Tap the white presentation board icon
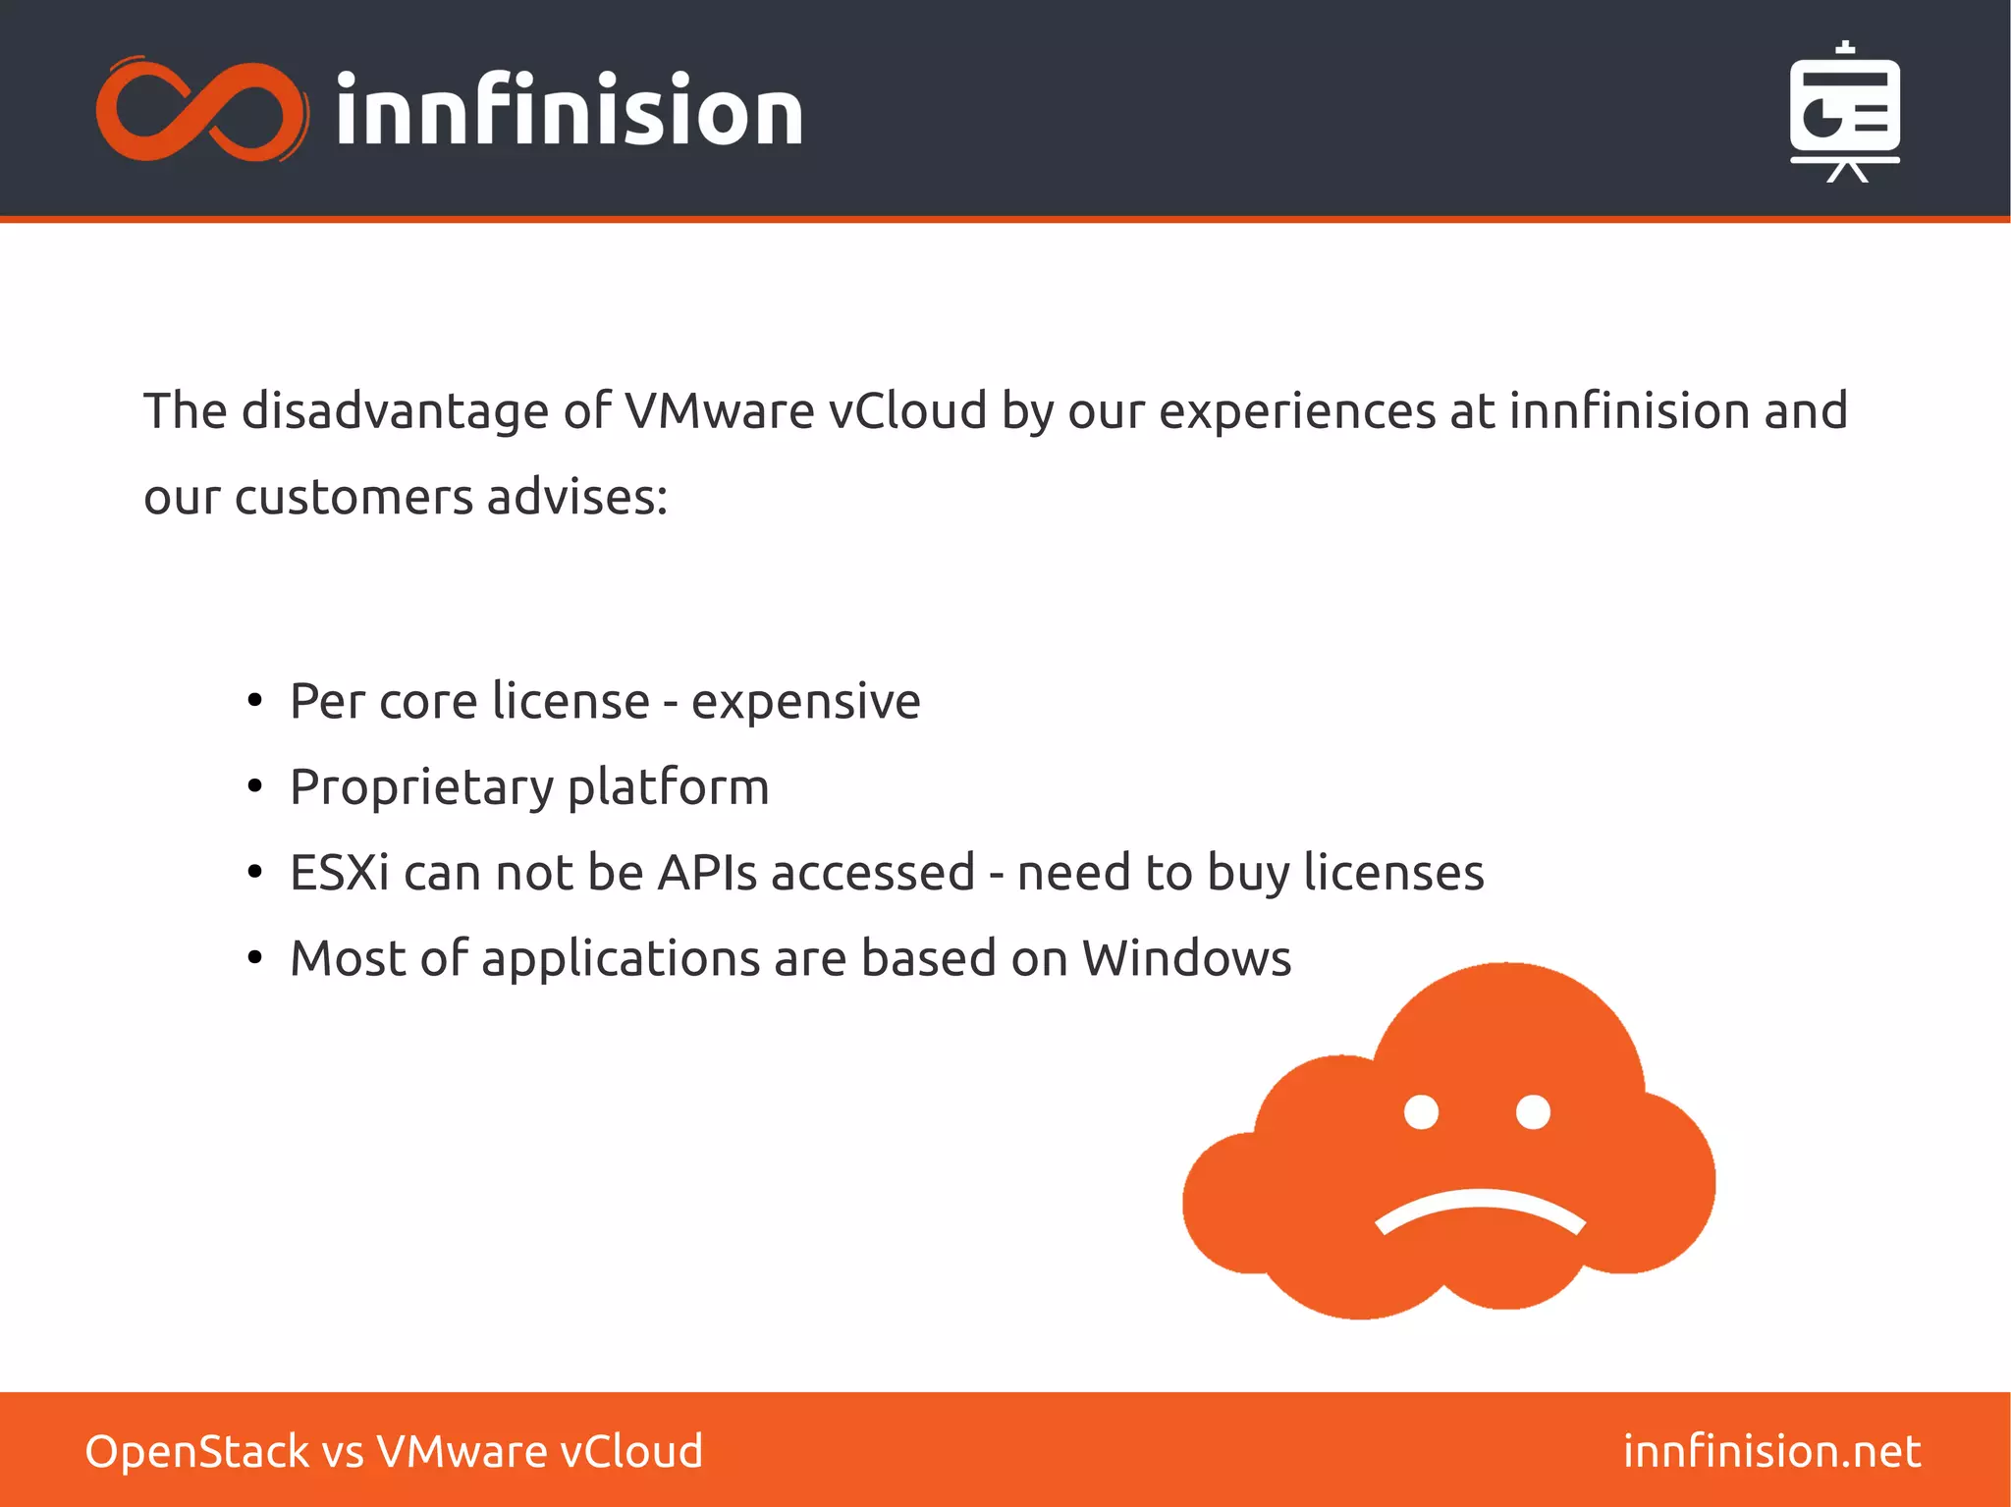click(1845, 113)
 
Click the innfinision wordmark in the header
click(570, 111)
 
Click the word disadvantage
click(395, 410)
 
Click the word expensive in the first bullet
click(805, 701)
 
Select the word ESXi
click(340, 873)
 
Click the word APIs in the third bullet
click(707, 873)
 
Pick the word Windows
click(1186, 958)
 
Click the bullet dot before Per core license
click(255, 701)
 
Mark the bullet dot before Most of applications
click(255, 958)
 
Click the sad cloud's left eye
click(1421, 1112)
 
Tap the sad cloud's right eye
click(1533, 1112)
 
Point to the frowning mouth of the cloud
click(1480, 1210)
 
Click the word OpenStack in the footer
click(196, 1451)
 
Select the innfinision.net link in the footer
click(1771, 1451)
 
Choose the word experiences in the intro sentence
click(1297, 410)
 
